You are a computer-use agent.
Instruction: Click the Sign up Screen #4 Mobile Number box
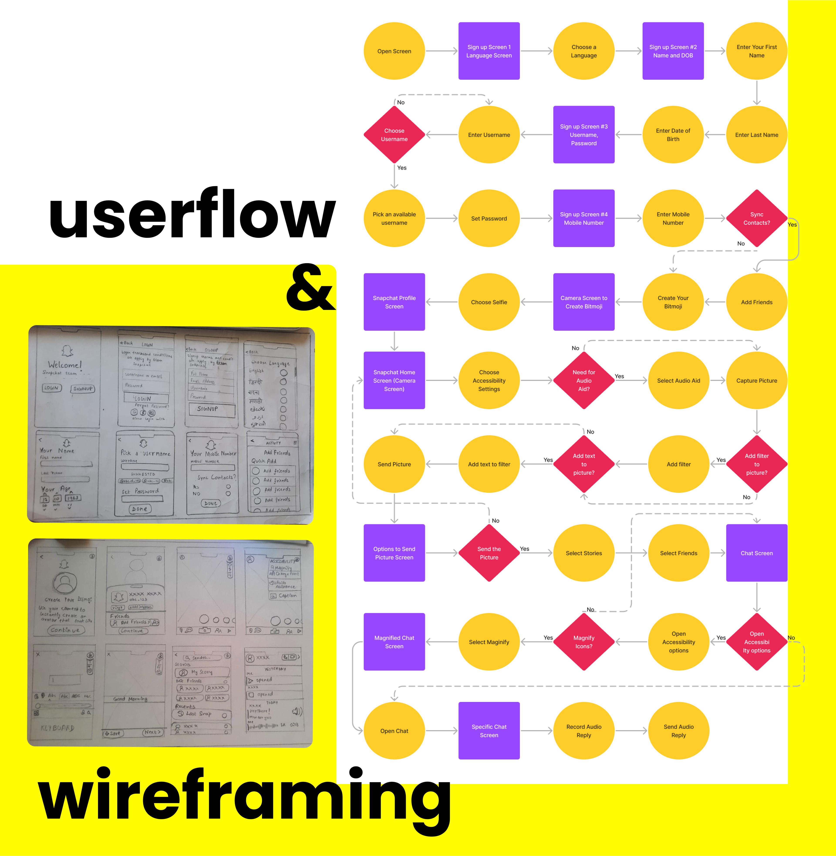583,218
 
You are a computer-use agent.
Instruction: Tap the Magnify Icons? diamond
583,642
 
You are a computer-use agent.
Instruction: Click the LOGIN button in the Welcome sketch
51,388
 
